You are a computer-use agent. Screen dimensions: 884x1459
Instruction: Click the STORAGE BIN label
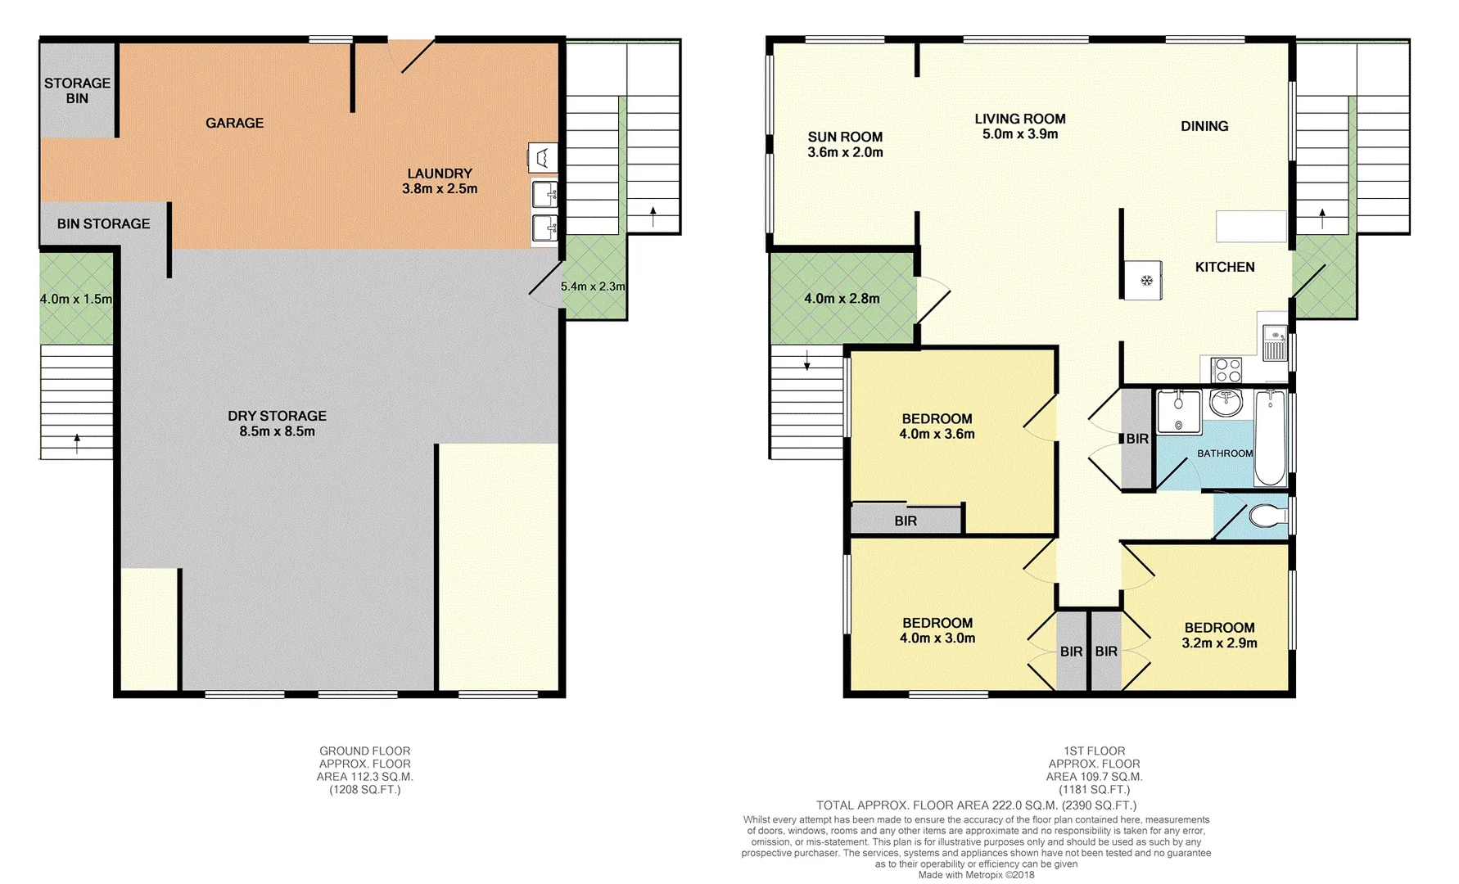[77, 90]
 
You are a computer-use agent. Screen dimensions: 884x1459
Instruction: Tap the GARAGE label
[234, 123]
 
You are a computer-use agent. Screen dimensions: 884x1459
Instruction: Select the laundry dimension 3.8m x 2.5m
[440, 188]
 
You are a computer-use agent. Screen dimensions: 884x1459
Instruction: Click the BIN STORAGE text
[103, 223]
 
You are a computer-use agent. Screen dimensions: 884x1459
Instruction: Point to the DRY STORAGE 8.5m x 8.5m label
[277, 423]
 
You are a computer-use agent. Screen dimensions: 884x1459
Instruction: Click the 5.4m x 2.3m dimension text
[593, 286]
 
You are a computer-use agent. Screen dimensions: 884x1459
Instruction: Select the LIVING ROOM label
[1020, 119]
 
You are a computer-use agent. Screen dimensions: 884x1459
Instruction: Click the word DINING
[1204, 126]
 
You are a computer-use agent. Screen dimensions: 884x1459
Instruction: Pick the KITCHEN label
[1225, 267]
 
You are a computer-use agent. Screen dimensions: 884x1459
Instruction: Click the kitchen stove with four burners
[1226, 370]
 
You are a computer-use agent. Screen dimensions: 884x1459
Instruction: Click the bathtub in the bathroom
[1270, 438]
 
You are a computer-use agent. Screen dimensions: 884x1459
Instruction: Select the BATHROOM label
[1225, 453]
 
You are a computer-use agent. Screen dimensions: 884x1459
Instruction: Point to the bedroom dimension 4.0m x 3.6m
[937, 435]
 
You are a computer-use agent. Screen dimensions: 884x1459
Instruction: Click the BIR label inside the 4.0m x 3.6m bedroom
[906, 521]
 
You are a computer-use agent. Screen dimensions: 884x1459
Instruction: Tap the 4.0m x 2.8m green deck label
[842, 299]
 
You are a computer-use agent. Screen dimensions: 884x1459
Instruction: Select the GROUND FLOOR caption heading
[365, 751]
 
